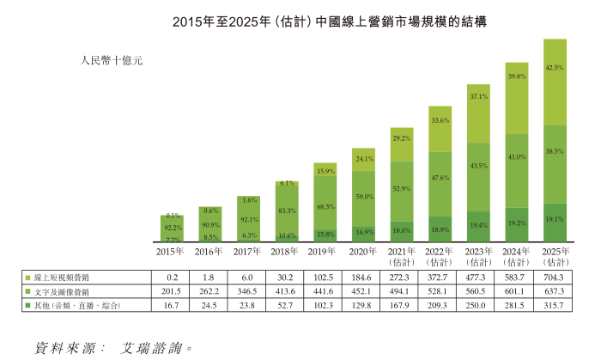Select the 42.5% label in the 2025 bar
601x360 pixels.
(555, 67)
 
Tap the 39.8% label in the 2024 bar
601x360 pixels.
(516, 76)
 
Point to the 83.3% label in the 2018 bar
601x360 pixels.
(288, 211)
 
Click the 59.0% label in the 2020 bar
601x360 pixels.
(364, 197)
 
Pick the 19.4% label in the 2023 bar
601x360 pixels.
(478, 225)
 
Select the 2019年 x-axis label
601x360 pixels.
(325, 251)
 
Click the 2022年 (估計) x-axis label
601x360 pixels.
(440, 256)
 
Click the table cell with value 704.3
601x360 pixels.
(555, 278)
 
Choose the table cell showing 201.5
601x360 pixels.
(172, 292)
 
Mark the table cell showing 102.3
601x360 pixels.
(325, 306)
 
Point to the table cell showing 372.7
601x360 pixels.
(440, 278)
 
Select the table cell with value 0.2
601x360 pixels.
(172, 278)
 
